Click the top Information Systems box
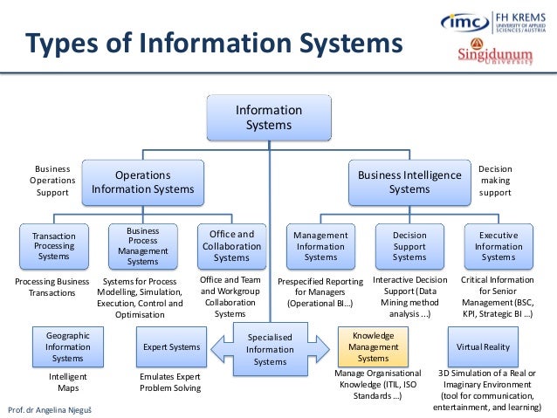[269, 118]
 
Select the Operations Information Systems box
[143, 182]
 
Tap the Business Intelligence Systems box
[409, 182]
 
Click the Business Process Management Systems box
[142, 246]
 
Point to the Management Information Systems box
[320, 246]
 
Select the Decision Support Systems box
[409, 246]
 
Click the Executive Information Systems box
[499, 246]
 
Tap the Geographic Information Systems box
[67, 346]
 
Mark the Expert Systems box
[171, 347]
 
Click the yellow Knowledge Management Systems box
[374, 346]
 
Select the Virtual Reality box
[483, 346]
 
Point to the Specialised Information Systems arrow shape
[270, 349]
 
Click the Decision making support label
[495, 181]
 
